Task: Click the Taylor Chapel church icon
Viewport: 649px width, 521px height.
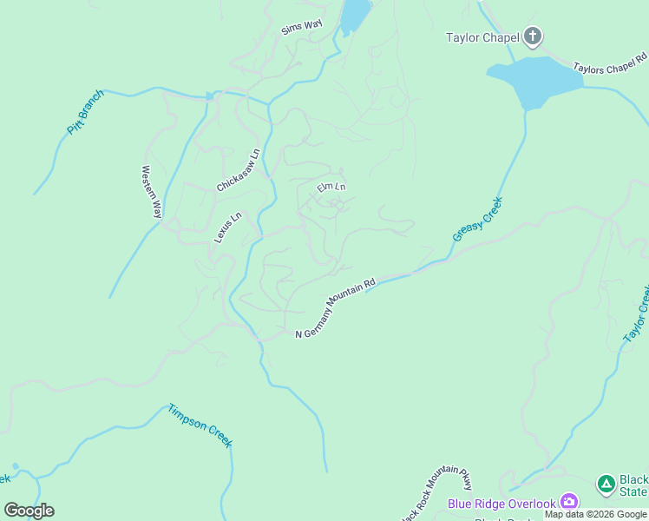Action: pyautogui.click(x=533, y=36)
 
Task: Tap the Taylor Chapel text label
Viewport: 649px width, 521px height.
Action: pyautogui.click(x=482, y=37)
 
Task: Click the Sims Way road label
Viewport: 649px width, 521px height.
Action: pyautogui.click(x=301, y=28)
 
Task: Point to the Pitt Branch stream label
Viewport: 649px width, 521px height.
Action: pyautogui.click(x=85, y=112)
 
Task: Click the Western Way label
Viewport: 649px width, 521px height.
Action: pyautogui.click(x=152, y=192)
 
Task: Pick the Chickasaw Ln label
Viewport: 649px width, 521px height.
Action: pyautogui.click(x=239, y=170)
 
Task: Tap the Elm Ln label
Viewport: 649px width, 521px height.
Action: pyautogui.click(x=331, y=187)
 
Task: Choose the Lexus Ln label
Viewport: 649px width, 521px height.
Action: pyautogui.click(x=227, y=228)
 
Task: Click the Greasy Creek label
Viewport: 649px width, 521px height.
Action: pyautogui.click(x=477, y=219)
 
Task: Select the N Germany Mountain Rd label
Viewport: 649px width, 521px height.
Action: pyautogui.click(x=336, y=309)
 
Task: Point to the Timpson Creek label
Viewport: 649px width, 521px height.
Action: pyautogui.click(x=200, y=425)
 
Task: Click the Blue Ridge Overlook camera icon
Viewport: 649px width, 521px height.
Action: pyautogui.click(x=569, y=501)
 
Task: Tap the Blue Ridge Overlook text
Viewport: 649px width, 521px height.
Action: pyautogui.click(x=501, y=504)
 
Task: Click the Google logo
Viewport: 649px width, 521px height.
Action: pyautogui.click(x=29, y=511)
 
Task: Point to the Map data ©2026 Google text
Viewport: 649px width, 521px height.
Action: pyautogui.click(x=595, y=514)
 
